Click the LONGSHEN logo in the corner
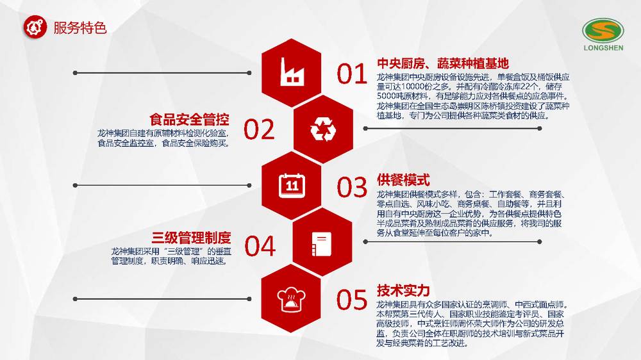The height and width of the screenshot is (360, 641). [x=603, y=35]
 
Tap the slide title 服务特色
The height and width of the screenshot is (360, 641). [x=80, y=28]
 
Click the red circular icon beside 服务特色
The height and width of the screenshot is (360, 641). [x=35, y=27]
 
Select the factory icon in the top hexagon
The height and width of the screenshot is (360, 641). [x=292, y=72]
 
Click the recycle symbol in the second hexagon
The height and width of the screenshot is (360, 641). [x=323, y=129]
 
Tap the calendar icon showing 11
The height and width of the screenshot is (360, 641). [x=292, y=186]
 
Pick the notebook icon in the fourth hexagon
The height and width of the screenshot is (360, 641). [x=322, y=244]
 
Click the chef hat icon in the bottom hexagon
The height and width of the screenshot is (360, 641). [x=291, y=300]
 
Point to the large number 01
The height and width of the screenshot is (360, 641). [x=351, y=74]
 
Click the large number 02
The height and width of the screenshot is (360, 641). [x=259, y=129]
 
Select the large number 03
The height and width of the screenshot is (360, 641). [x=351, y=187]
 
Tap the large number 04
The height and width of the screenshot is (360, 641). [x=260, y=246]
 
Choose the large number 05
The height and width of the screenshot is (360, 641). [x=351, y=300]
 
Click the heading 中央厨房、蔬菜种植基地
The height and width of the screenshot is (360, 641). [x=443, y=63]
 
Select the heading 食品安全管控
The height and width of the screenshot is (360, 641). [x=189, y=120]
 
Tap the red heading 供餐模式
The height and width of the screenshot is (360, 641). [x=403, y=180]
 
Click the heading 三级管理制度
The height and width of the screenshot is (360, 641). [x=191, y=238]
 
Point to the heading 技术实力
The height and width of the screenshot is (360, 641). [x=403, y=291]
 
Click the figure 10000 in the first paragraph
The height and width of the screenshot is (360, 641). [x=415, y=86]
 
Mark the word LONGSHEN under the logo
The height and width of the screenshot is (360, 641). [x=603, y=48]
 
